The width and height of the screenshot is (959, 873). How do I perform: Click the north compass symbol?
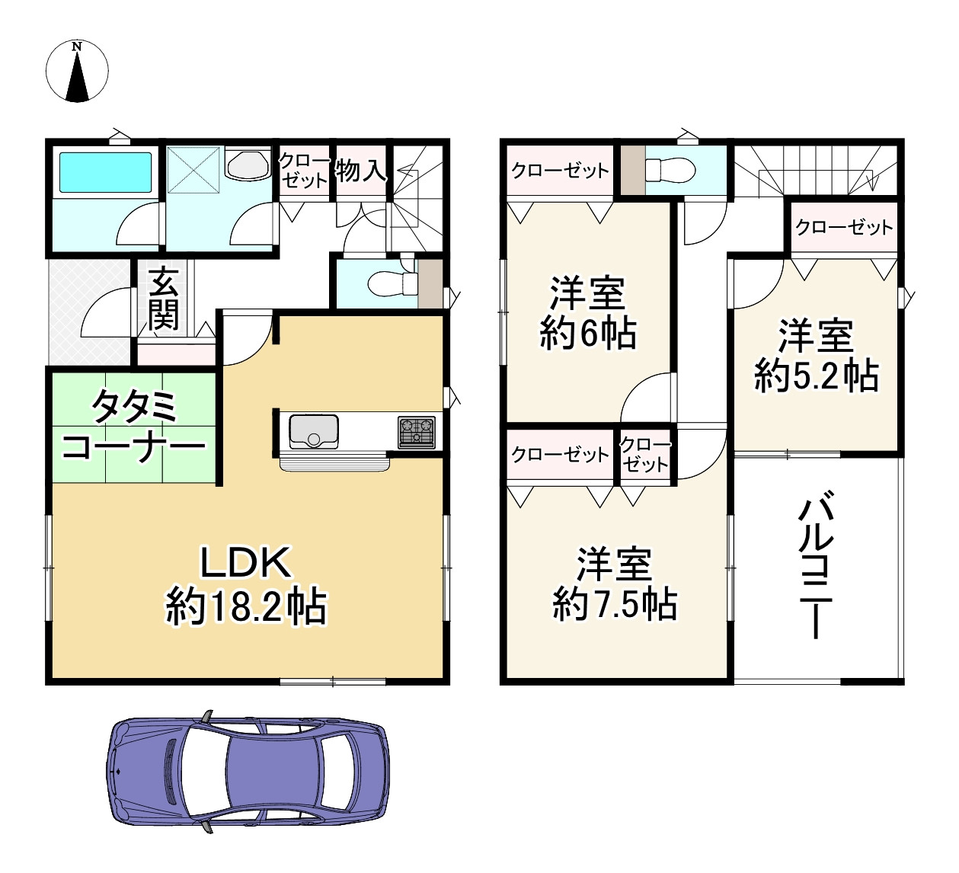tap(77, 71)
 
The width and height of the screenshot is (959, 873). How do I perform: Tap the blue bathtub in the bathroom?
tap(105, 172)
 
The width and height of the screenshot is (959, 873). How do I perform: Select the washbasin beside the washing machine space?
tap(248, 165)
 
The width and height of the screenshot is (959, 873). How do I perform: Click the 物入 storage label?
tap(360, 170)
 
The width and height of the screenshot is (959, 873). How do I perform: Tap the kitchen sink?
tap(313, 431)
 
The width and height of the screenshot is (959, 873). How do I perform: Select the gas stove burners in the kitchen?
tap(416, 432)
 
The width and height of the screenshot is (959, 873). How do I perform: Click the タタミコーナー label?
tap(134, 427)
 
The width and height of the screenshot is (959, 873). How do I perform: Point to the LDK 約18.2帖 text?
tap(246, 585)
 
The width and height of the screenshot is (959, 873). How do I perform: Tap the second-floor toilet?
tap(670, 169)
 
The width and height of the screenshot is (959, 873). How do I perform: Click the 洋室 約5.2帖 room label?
tap(816, 356)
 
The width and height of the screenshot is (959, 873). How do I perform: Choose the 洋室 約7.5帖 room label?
tap(614, 584)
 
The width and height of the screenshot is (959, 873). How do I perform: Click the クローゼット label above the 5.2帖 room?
tap(843, 227)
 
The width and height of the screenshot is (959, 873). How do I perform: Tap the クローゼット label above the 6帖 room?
tap(560, 170)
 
